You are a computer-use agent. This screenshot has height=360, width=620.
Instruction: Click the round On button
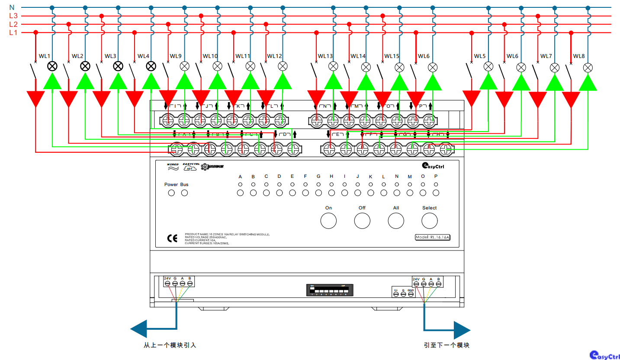click(328, 221)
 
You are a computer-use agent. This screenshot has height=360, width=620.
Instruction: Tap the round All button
click(396, 221)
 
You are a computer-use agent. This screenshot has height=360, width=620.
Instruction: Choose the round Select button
click(430, 221)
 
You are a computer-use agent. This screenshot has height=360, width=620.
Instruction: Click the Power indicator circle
click(171, 193)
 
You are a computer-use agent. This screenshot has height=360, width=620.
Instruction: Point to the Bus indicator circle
click(185, 193)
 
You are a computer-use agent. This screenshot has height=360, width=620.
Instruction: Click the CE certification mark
click(172, 238)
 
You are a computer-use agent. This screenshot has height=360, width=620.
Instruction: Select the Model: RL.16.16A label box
click(432, 237)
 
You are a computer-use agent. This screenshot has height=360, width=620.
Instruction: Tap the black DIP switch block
click(330, 290)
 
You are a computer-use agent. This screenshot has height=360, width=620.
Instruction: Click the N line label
click(12, 7)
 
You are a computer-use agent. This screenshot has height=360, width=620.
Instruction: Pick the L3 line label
click(13, 16)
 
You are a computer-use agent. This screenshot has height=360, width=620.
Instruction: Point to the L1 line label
click(13, 32)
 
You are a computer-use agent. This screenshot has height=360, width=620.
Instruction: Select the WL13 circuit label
click(325, 56)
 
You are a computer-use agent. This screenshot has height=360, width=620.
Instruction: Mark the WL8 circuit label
click(579, 56)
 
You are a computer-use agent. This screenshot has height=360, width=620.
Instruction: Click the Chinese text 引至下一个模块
click(447, 345)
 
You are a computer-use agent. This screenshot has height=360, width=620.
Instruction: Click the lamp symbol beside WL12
click(283, 66)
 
